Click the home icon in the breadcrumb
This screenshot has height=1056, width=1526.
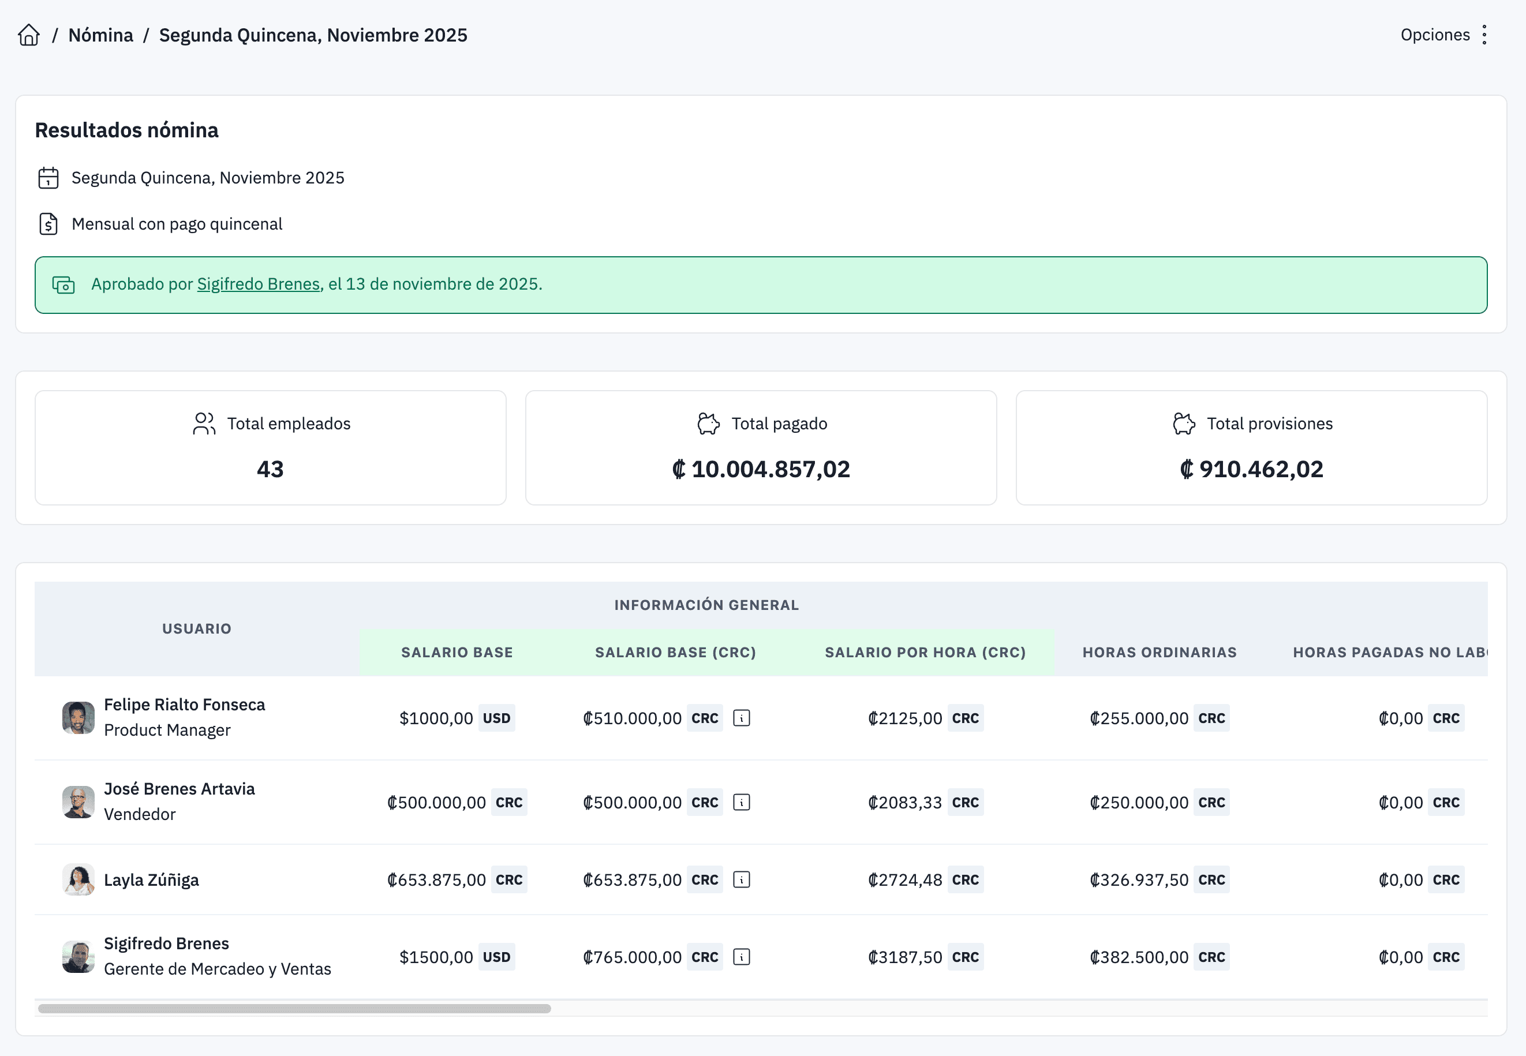28,35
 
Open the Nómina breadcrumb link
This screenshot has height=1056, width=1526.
100,35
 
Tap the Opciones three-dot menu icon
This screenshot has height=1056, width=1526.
1484,35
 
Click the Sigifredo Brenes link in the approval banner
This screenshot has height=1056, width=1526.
258,284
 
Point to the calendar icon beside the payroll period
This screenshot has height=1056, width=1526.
48,178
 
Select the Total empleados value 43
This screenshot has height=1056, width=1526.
270,469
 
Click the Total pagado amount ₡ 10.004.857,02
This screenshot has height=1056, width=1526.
761,469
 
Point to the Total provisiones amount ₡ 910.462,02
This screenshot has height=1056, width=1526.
1251,469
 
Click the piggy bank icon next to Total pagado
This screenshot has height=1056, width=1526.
708,424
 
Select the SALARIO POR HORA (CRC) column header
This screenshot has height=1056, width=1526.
925,653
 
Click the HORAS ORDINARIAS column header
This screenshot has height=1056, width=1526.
1160,653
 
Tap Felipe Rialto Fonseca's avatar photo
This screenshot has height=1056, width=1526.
78,718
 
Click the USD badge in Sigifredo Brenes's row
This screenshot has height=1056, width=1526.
496,957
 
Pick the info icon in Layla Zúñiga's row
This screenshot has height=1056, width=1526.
741,880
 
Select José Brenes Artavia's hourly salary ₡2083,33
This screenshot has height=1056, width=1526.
904,803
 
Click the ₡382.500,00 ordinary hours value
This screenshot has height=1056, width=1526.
1139,957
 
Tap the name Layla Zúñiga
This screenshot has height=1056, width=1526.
152,880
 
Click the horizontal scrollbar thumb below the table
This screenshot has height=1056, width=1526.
294,1008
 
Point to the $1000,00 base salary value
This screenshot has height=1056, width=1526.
436,718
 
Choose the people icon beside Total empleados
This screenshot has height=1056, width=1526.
204,424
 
